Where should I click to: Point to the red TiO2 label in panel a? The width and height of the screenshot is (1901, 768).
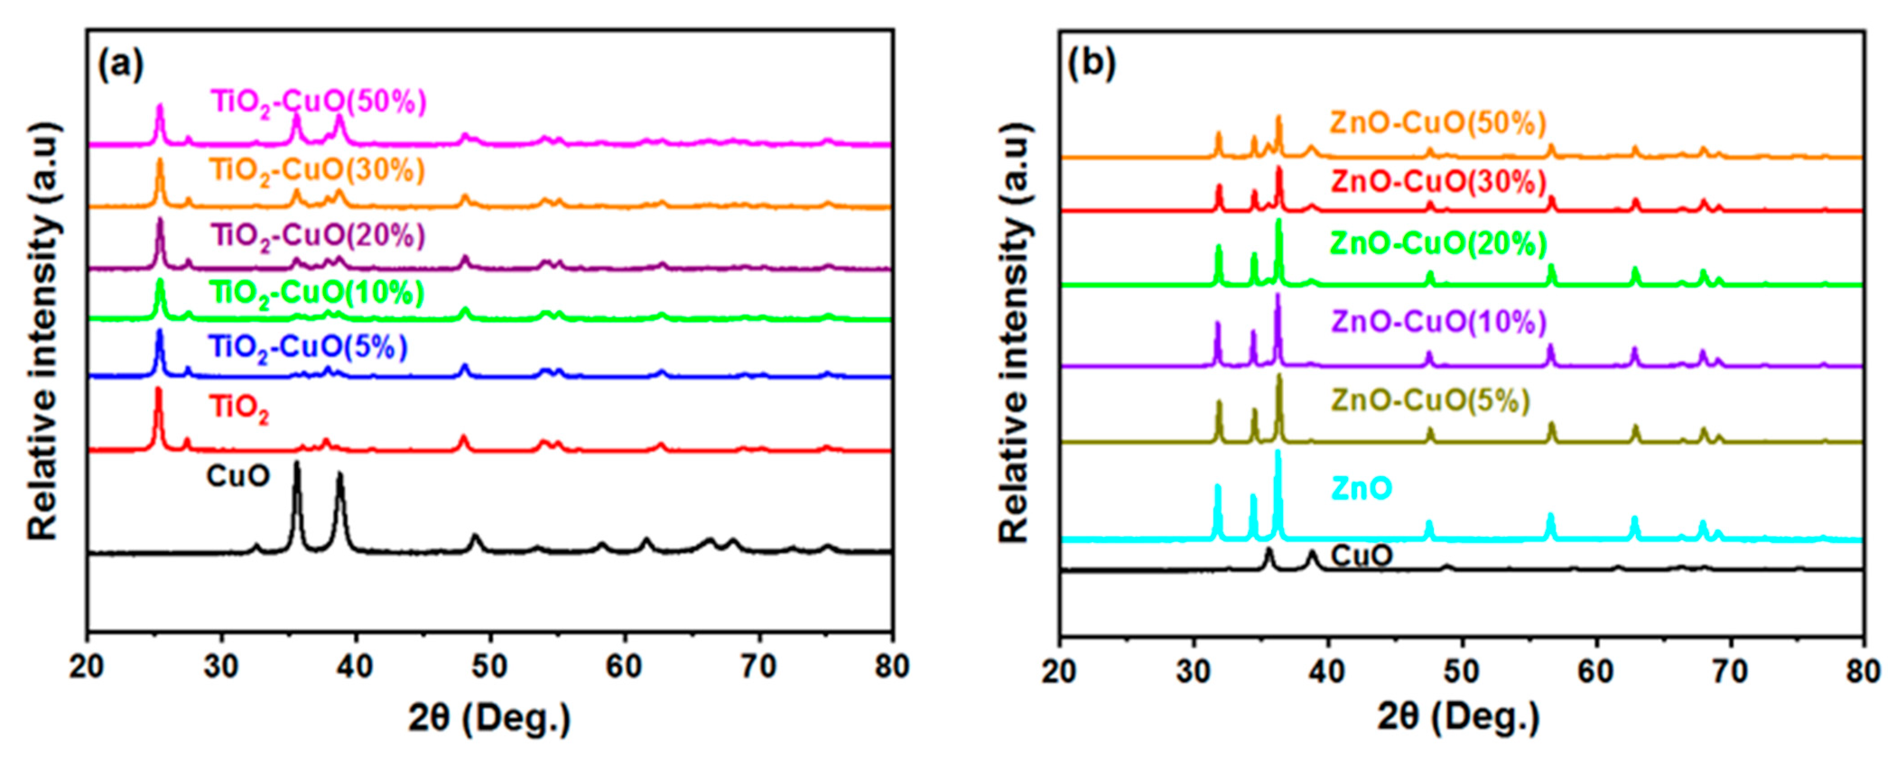tap(239, 408)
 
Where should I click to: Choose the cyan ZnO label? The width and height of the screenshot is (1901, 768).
tap(1362, 488)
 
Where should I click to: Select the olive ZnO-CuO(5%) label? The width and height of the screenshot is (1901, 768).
tap(1430, 401)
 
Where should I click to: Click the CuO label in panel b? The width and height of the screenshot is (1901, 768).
tap(1362, 555)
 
